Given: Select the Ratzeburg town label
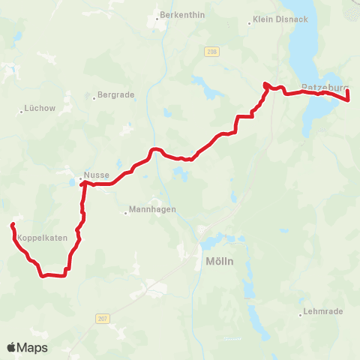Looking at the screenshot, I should pos(324,87).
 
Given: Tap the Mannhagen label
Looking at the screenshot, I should pos(152,210).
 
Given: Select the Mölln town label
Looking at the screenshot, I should pos(219,262).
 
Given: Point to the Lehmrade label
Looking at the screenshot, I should pos(324,311).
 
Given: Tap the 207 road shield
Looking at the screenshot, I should pos(102,319).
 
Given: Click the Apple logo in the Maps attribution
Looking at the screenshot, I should pos(12,347).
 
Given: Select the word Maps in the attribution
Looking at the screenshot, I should pos(34,347).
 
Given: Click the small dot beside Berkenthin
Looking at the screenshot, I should pos(156,15).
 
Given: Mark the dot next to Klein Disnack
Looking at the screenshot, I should pos(250,23).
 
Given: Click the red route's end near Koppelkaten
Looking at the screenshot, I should pos(12,225).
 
